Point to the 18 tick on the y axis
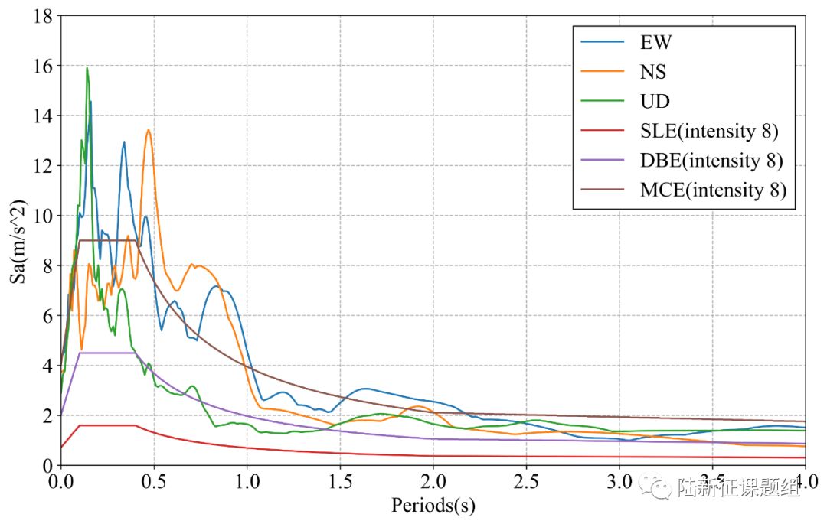(42, 16)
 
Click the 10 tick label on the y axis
(42, 216)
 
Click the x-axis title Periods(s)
(433, 505)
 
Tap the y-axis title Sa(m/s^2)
(18, 241)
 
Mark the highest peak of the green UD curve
(87, 68)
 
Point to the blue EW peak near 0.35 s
(124, 142)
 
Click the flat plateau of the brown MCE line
(107, 240)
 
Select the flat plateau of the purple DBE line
(107, 353)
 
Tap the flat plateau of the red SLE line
(107, 425)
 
